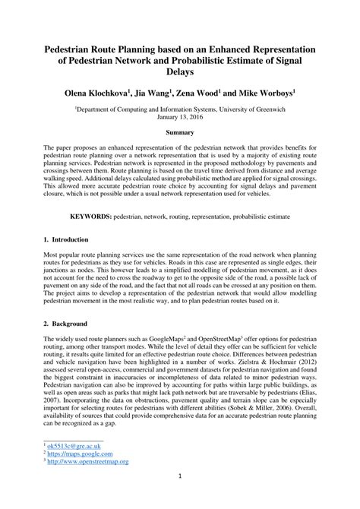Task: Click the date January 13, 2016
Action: coord(180,118)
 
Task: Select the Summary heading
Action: coord(180,134)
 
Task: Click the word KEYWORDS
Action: coord(91,217)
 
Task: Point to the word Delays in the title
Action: coord(180,73)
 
